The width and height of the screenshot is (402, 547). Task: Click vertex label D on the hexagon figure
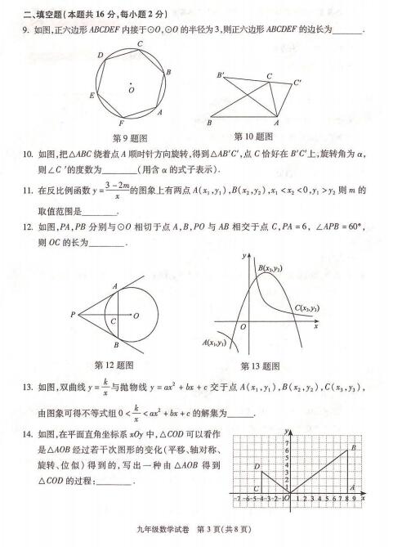click(x=102, y=56)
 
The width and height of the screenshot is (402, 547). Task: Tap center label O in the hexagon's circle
click(x=132, y=90)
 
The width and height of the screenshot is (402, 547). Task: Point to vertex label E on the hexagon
click(x=92, y=95)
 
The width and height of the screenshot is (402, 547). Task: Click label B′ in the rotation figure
click(x=221, y=75)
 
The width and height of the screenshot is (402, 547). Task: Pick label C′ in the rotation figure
click(x=298, y=82)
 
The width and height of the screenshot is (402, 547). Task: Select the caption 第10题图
click(x=252, y=136)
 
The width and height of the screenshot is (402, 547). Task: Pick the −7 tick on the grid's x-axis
click(x=238, y=497)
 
